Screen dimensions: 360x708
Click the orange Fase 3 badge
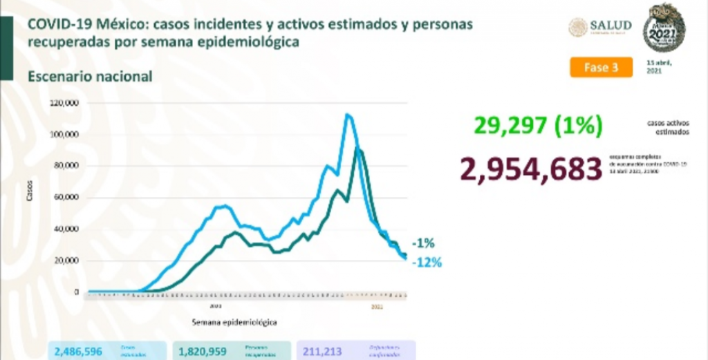[601, 68]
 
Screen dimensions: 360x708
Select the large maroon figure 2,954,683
[531, 168]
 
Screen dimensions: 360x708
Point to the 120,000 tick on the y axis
[65, 103]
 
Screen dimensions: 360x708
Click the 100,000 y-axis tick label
[65, 135]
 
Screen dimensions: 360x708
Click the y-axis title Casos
[30, 195]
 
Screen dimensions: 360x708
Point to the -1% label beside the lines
[422, 244]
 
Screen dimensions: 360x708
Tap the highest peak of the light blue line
[348, 115]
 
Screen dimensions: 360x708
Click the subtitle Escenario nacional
[90, 76]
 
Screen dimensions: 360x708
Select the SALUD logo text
[609, 26]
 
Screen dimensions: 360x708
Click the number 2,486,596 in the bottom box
[78, 352]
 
